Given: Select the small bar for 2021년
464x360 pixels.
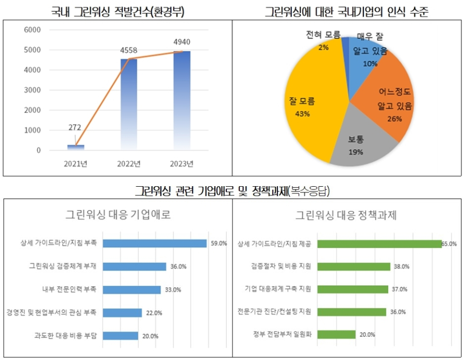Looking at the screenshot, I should (x=76, y=148).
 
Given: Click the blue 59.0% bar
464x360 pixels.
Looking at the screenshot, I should (x=155, y=243).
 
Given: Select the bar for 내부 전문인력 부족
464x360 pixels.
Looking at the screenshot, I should (x=132, y=289).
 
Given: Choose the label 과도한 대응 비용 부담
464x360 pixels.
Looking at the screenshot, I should (x=70, y=336).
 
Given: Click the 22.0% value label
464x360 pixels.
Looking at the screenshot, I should (x=155, y=313).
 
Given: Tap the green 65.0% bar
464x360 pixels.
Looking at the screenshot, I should (x=379, y=243).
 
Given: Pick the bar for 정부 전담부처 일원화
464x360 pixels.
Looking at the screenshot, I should (x=337, y=334).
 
